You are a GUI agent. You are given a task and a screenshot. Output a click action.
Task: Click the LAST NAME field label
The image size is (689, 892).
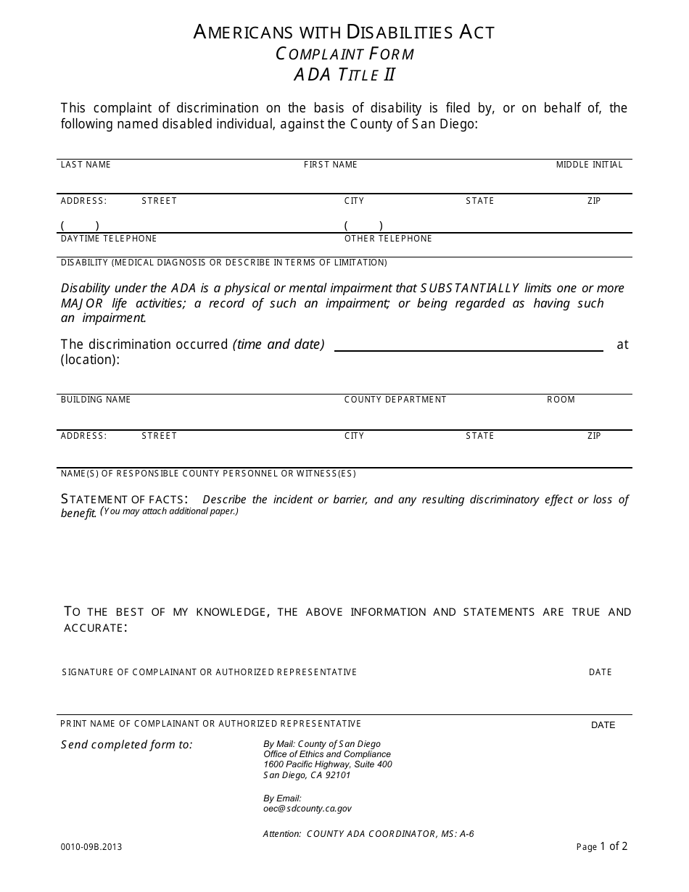(86, 165)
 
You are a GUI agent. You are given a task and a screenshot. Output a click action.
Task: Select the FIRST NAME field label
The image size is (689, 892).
(330, 165)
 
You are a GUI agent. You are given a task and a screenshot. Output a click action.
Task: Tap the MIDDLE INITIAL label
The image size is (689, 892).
(589, 165)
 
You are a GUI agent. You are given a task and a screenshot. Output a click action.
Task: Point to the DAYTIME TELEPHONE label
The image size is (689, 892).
(109, 239)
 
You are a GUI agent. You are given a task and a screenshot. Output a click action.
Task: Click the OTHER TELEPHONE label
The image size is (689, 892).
(388, 239)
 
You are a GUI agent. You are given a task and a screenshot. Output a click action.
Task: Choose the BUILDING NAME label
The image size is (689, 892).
(96, 400)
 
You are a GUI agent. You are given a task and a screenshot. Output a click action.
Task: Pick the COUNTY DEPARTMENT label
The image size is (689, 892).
(395, 400)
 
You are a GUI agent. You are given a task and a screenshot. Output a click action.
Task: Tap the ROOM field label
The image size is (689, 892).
(561, 400)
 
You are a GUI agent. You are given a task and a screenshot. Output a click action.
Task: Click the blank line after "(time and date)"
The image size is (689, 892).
(468, 345)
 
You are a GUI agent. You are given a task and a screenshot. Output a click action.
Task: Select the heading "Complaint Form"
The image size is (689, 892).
(344, 54)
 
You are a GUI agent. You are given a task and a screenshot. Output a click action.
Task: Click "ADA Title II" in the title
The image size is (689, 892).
(344, 75)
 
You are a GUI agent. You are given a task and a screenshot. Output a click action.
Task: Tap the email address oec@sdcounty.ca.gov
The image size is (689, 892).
(308, 809)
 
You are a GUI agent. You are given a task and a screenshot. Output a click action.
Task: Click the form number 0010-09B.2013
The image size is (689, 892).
(91, 846)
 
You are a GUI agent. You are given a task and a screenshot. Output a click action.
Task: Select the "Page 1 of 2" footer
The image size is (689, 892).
(602, 846)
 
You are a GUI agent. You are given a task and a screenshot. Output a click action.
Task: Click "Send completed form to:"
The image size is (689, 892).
(127, 745)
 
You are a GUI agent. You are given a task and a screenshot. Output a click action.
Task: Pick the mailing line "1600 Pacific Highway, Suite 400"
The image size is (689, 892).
(328, 764)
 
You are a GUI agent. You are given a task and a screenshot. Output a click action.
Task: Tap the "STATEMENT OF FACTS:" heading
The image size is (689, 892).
(125, 499)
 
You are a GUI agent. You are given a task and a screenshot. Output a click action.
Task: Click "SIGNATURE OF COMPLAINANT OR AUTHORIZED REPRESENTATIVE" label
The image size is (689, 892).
(210, 672)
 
